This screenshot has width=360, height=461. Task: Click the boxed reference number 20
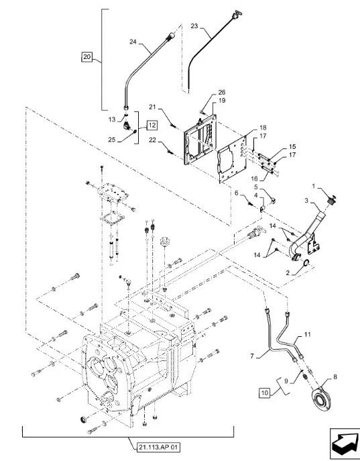click(86, 56)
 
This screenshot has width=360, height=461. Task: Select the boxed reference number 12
click(152, 125)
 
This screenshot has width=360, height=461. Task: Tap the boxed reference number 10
click(264, 393)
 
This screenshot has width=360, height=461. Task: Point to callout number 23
click(194, 26)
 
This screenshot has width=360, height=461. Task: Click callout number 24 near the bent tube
click(133, 42)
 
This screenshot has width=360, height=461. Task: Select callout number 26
click(222, 93)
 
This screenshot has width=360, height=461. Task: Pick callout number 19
click(222, 101)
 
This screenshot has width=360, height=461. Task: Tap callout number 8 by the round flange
click(335, 376)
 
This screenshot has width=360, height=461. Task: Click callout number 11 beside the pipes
click(307, 334)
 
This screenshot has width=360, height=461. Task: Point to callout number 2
click(288, 273)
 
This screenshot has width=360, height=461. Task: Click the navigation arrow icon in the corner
click(345, 444)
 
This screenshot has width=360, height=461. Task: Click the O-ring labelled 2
click(305, 262)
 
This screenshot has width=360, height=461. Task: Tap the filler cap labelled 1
click(332, 201)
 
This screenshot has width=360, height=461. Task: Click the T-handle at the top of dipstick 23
click(236, 14)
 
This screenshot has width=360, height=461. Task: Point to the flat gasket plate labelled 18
click(232, 159)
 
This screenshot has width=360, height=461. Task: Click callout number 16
click(254, 178)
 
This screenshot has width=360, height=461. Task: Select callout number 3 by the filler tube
click(306, 201)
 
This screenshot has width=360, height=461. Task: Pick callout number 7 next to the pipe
click(252, 356)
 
